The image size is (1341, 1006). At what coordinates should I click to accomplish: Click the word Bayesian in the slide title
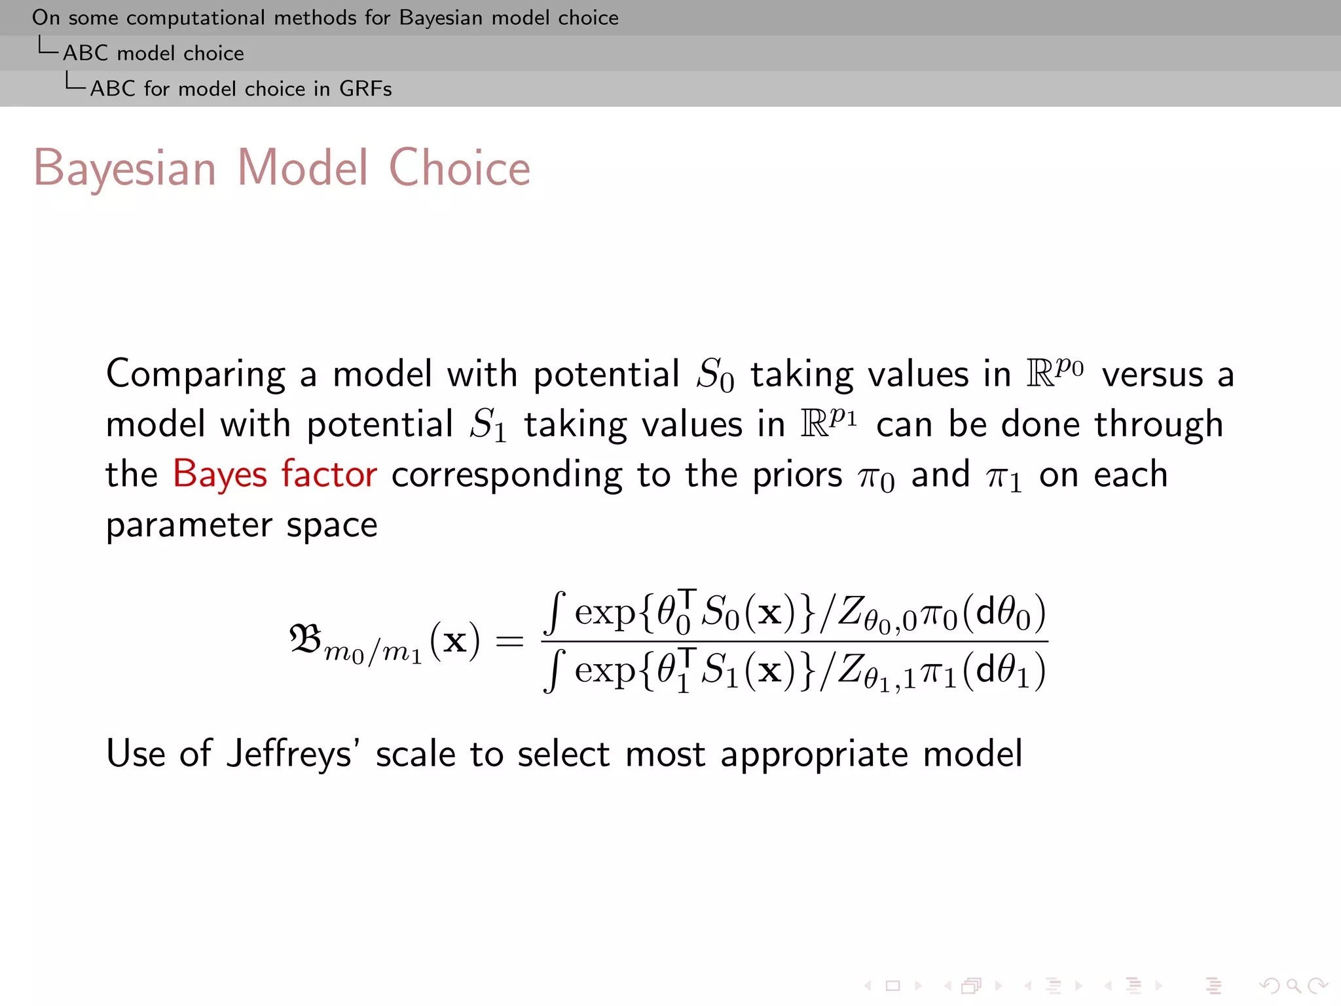click(x=124, y=168)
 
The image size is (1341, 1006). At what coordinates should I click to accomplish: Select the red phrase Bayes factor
click(x=275, y=474)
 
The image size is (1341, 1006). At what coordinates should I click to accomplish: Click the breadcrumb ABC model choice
click(x=153, y=53)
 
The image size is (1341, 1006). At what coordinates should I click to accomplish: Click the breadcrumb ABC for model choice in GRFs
click(x=241, y=88)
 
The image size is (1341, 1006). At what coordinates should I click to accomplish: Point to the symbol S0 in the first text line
click(x=714, y=375)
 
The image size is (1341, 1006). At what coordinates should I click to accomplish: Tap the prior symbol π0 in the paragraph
click(x=876, y=477)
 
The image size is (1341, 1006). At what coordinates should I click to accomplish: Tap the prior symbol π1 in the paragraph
click(x=1003, y=477)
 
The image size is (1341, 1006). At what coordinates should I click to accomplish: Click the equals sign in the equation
click(x=509, y=641)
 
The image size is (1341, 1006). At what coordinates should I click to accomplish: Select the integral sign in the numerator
click(x=555, y=612)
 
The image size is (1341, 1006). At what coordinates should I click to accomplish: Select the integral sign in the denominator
click(x=555, y=671)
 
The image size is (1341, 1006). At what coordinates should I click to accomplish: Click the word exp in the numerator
click(x=605, y=614)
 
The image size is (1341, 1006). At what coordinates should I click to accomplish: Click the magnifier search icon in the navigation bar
click(x=1293, y=986)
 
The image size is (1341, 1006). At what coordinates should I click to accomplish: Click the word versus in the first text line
click(x=1152, y=375)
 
